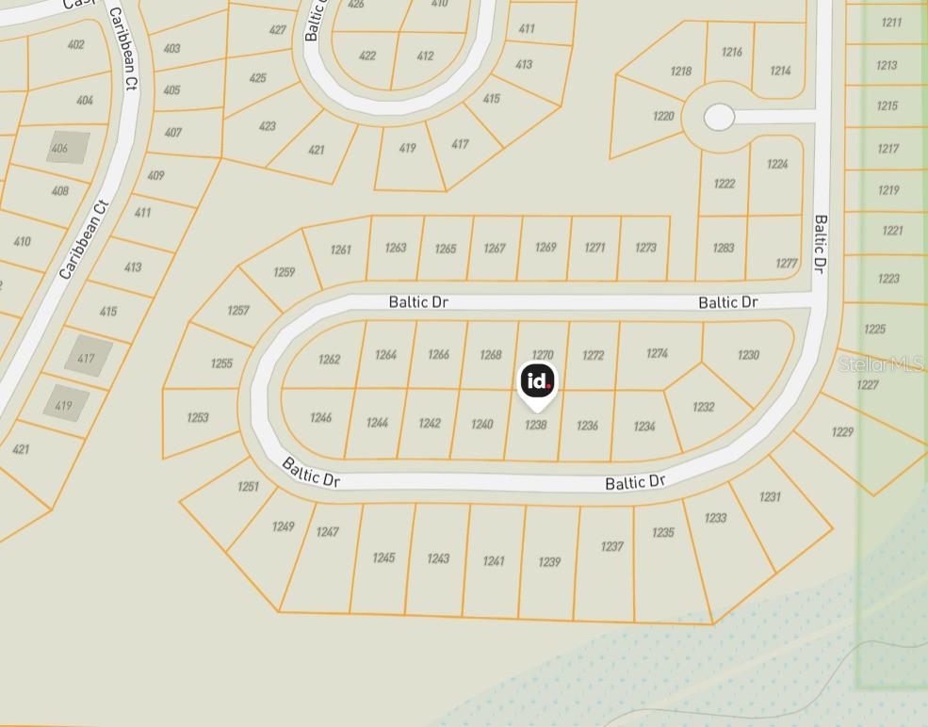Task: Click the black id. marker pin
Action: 537,381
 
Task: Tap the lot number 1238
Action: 535,425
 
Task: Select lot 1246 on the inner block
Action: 320,417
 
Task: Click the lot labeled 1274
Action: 657,353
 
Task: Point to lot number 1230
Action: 748,355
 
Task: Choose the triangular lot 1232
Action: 703,407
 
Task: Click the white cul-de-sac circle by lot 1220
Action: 719,117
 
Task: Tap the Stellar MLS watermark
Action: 880,364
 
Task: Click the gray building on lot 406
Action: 68,148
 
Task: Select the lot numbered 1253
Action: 198,417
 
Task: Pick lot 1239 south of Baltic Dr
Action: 548,562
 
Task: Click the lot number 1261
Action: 340,250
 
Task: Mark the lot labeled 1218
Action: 680,72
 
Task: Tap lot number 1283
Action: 723,249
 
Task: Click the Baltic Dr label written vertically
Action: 820,244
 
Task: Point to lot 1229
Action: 842,431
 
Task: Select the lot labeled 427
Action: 277,30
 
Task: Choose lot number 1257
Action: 237,310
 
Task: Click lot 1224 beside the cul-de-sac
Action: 776,164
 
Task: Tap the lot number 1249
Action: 283,526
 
